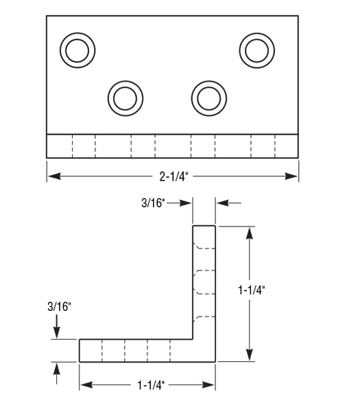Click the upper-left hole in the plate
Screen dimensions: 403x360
[77, 49]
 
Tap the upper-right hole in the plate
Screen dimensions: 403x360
[256, 49]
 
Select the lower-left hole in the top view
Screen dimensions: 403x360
[125, 98]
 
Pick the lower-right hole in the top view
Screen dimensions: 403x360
[208, 98]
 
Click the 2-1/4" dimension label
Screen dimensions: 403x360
[173, 176]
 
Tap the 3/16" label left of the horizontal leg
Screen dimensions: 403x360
[58, 308]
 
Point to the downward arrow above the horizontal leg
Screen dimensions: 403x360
[56, 333]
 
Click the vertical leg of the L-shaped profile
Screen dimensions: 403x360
[204, 275]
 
